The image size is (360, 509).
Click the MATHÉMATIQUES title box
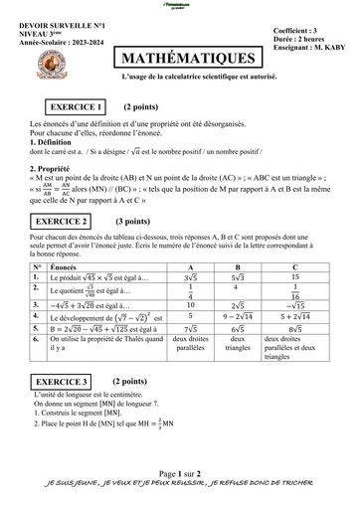click(x=188, y=60)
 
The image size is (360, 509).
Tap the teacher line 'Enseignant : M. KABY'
click(x=310, y=50)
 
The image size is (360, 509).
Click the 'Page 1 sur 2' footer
click(x=178, y=475)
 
